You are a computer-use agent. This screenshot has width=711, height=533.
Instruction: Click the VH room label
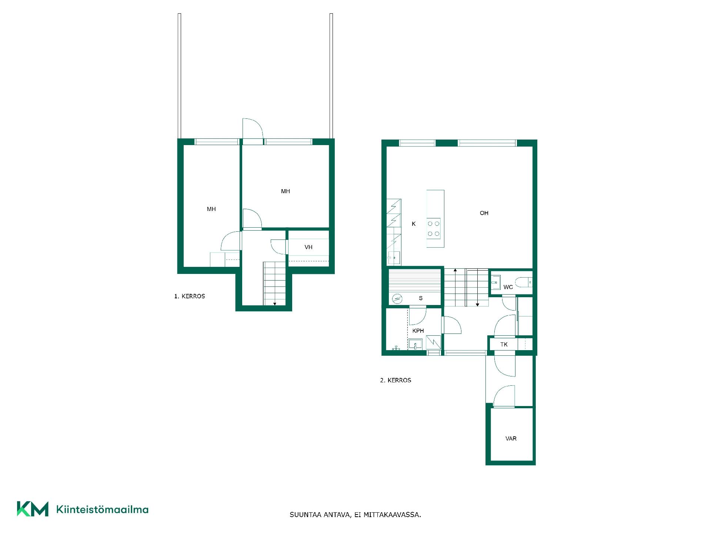(308, 247)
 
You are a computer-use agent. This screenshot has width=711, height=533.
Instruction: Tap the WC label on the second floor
(508, 287)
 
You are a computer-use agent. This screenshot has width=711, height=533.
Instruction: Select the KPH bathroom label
(418, 331)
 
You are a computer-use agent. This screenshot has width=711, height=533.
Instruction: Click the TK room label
(504, 345)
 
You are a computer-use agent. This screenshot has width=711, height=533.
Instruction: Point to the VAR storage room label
(511, 439)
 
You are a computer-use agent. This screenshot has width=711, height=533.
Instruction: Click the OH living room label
(484, 213)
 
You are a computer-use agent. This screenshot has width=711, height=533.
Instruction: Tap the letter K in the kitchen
(414, 224)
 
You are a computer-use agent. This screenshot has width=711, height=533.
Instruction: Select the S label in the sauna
(421, 298)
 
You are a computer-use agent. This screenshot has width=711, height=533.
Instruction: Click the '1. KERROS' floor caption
(190, 296)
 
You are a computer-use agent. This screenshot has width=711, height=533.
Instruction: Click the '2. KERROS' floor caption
(395, 380)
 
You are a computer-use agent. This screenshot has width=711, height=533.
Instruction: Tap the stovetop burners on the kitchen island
(434, 229)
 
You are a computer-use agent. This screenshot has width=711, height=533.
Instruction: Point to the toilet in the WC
(524, 282)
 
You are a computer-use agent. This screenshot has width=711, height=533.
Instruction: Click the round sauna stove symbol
(397, 299)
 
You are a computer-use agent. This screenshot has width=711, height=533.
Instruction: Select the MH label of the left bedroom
(211, 209)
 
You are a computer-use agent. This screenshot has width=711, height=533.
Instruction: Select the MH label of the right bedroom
(286, 191)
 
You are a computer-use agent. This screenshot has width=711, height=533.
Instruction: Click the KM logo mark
(33, 509)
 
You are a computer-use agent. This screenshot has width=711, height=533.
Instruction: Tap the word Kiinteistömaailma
(102, 510)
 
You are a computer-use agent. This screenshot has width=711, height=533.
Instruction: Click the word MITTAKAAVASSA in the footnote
(392, 515)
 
